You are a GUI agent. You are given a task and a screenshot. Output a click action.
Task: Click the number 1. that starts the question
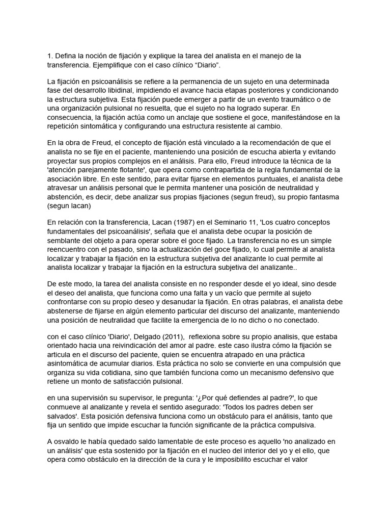coord(49,56)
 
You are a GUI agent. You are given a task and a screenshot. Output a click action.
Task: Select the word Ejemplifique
coord(117,65)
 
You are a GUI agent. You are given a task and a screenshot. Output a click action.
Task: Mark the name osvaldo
coord(69,441)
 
